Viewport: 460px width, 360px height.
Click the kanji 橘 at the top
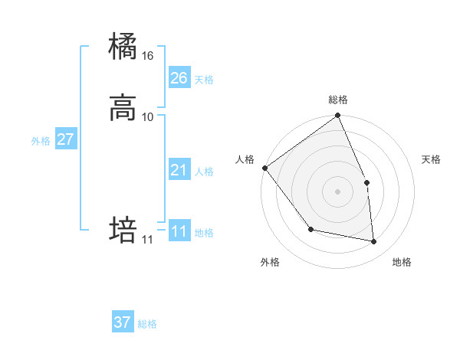pos(123,47)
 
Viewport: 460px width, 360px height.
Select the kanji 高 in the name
pos(123,108)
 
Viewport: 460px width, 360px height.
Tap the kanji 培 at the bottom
pos(123,231)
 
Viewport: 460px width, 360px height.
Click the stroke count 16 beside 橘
pos(148,56)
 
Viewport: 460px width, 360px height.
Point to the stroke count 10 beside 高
pos(148,116)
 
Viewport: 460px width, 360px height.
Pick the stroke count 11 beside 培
pos(147,240)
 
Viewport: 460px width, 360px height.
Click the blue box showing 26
pos(179,77)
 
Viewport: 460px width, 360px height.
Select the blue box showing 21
pos(179,170)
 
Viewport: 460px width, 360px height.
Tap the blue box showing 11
pos(179,231)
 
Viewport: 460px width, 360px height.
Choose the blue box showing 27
pos(65,139)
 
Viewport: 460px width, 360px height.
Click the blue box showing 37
pos(123,322)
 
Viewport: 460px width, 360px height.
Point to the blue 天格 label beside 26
pos(204,80)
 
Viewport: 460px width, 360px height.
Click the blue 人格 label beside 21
pos(204,172)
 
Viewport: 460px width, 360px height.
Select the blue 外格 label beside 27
pos(41,141)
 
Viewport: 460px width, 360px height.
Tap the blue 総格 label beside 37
pos(147,324)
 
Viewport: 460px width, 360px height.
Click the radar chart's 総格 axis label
pos(337,100)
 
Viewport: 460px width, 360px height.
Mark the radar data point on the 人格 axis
pos(264,168)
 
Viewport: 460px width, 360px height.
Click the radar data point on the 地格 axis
pos(374,242)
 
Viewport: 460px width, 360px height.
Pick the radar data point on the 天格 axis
pos(366,182)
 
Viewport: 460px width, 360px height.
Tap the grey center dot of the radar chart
pos(337,191)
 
